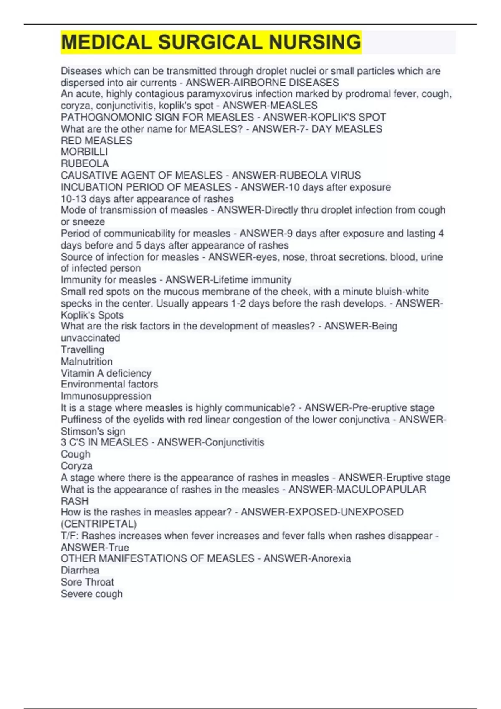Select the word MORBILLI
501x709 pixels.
[x=84, y=152]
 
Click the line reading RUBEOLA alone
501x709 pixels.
[x=85, y=163]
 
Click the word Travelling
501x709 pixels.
[x=83, y=349]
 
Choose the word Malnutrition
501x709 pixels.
[x=87, y=361]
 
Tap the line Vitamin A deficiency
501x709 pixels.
[x=106, y=373]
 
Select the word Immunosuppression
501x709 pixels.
[x=106, y=396]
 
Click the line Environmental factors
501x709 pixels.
[x=109, y=384]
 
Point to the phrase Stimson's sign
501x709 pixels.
[x=93, y=431]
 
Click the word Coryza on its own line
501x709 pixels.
[x=77, y=466]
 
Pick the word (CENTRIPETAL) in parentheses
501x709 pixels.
[x=99, y=524]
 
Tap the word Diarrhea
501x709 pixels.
[x=80, y=570]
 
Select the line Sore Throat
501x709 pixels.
[x=87, y=582]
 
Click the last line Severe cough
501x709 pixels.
[x=92, y=593]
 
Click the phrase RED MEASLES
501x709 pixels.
[x=96, y=141]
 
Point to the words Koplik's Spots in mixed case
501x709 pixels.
[x=92, y=315]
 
